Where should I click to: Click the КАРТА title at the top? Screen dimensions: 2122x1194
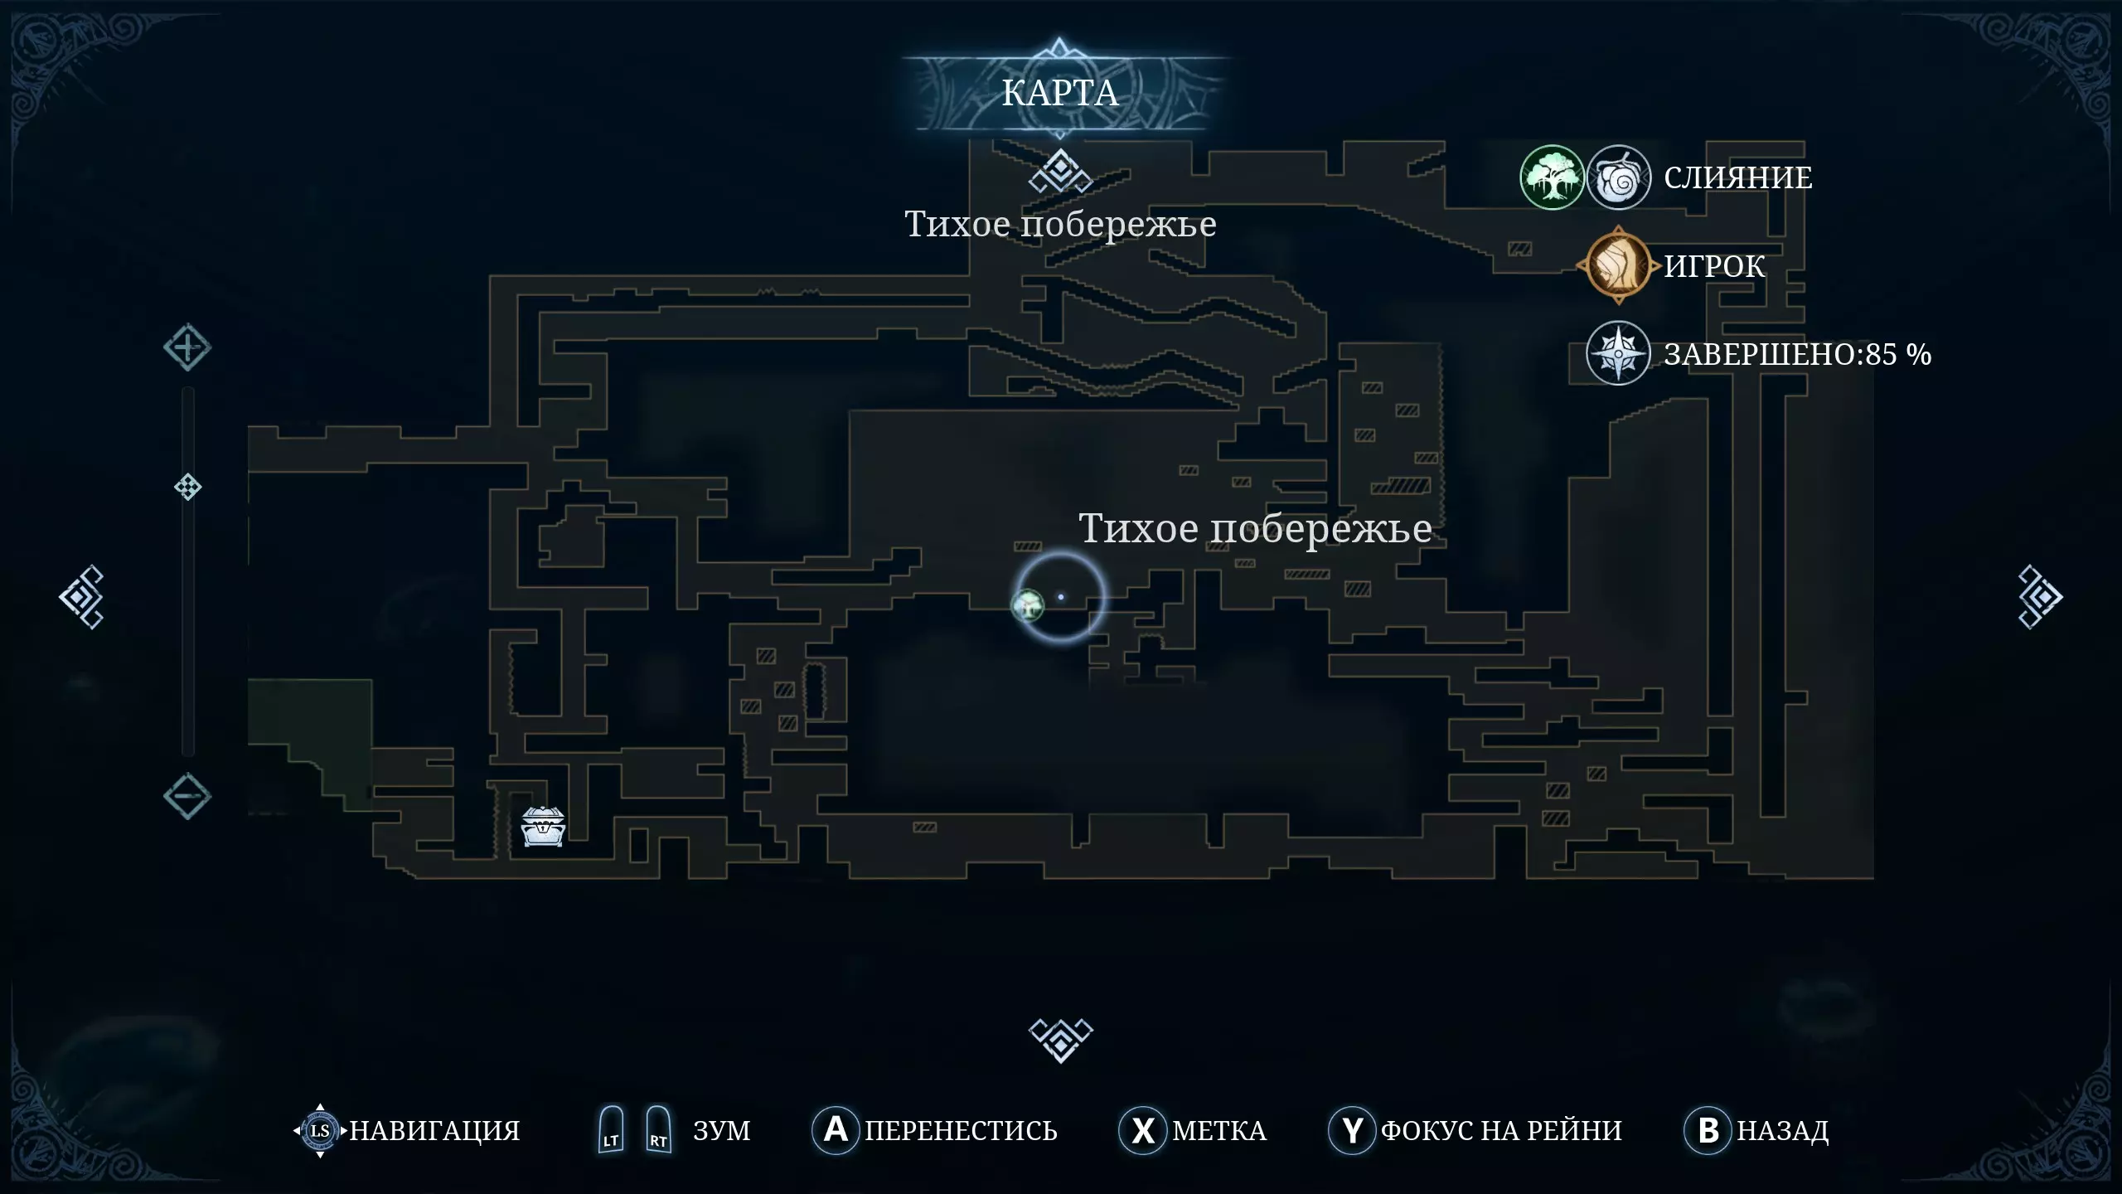click(1059, 93)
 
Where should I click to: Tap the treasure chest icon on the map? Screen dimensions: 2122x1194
click(543, 826)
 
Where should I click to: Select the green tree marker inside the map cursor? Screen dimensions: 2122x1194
click(1028, 604)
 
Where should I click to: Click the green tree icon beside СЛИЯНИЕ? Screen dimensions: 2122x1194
click(1552, 177)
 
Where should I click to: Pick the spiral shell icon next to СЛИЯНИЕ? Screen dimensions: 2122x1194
click(1618, 177)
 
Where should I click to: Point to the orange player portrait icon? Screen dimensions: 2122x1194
click(1618, 265)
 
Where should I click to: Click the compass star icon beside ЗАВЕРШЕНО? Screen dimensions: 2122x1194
click(1618, 353)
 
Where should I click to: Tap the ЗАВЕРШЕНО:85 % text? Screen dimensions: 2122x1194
click(1797, 354)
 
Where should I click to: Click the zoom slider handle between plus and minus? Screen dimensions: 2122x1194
click(188, 487)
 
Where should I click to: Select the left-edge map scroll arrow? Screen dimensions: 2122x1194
click(81, 597)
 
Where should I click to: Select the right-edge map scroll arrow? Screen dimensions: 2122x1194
click(2039, 597)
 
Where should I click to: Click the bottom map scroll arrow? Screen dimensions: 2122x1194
click(1061, 1040)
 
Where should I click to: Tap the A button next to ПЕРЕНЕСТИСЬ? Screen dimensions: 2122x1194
click(836, 1129)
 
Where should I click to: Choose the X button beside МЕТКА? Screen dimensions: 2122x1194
click(1142, 1130)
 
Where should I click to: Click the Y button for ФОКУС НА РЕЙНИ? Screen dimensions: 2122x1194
click(1352, 1130)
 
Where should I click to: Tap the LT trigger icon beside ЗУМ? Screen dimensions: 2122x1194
click(611, 1129)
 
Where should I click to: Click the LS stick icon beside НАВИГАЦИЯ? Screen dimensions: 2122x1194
click(320, 1130)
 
